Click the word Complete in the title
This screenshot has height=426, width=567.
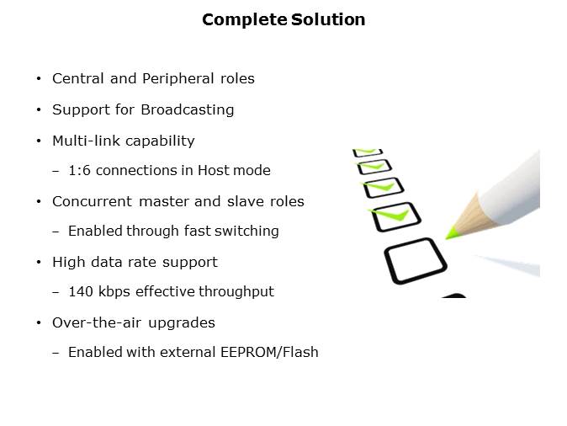245,20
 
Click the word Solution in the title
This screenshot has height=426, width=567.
328,19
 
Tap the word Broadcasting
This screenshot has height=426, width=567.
188,110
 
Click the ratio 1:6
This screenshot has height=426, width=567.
80,170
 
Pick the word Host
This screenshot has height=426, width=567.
214,170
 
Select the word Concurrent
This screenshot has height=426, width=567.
93,201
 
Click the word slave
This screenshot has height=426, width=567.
246,201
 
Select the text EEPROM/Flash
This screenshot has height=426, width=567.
269,352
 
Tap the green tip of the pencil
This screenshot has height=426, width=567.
451,232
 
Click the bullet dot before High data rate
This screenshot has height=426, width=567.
39,262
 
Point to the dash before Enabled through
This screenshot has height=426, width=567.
56,232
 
